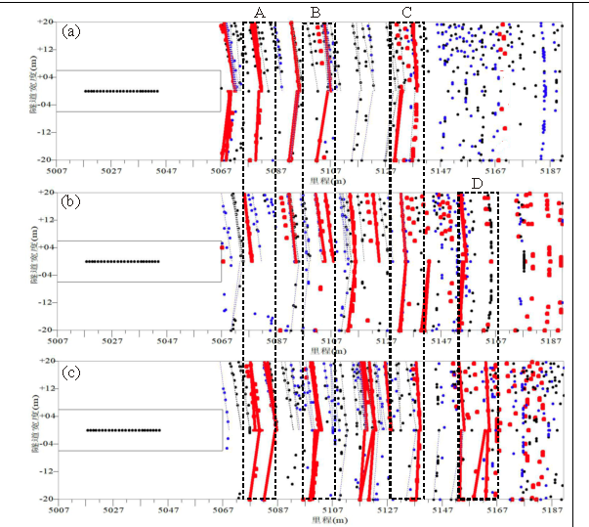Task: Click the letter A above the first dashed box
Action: [259, 11]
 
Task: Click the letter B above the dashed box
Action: [316, 11]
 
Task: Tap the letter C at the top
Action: [405, 11]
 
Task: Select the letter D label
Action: [476, 184]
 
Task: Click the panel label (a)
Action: [70, 31]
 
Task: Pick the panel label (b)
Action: [70, 202]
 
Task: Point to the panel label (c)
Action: [70, 373]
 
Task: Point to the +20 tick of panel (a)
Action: [46, 22]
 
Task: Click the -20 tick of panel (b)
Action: [46, 330]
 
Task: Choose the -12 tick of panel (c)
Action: [46, 471]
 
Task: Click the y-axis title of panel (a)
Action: [33, 90]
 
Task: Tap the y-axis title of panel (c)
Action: [33, 430]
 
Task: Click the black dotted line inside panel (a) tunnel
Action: [122, 91]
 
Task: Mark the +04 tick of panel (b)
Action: [46, 247]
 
